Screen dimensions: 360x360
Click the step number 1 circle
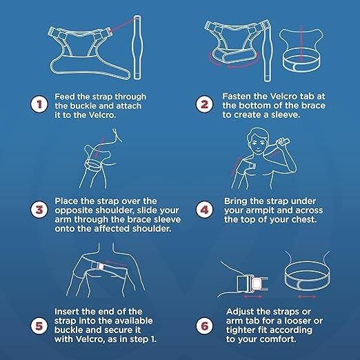[x=39, y=104]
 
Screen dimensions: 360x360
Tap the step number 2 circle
[x=204, y=104]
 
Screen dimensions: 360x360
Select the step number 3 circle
[x=39, y=210]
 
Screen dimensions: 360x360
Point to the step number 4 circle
[x=204, y=210]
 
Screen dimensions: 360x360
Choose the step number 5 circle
[x=39, y=326]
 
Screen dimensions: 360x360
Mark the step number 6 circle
[x=204, y=326]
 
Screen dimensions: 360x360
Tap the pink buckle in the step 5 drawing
[x=101, y=266]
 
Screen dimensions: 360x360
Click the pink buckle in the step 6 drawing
[x=257, y=283]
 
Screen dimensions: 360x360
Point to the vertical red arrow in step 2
[x=301, y=43]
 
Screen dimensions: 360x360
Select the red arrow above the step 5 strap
[x=117, y=263]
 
